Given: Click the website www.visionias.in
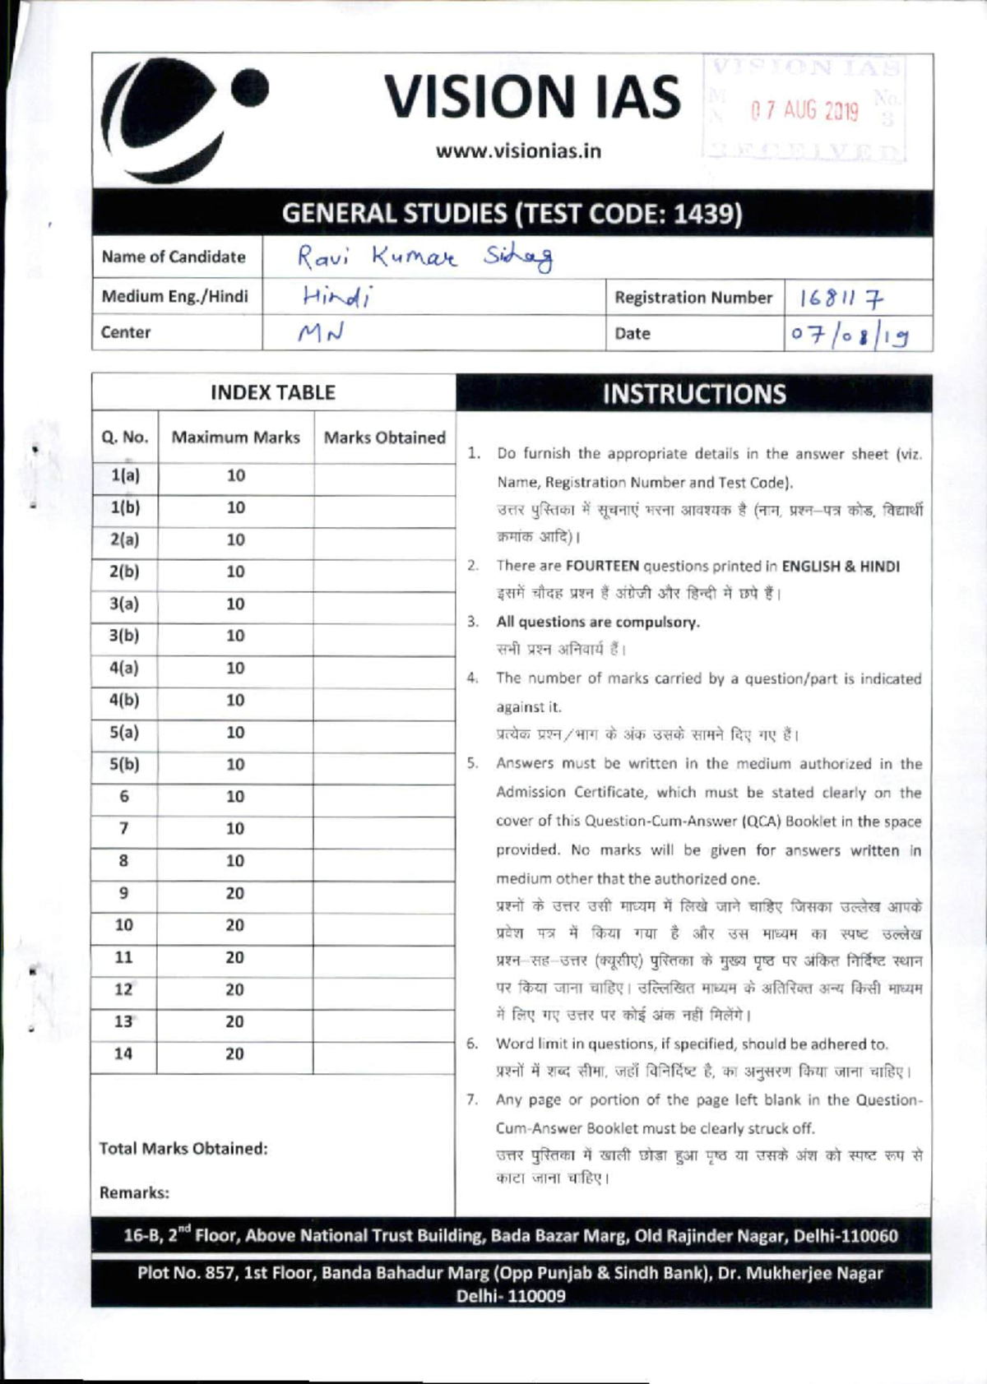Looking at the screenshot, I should tap(518, 151).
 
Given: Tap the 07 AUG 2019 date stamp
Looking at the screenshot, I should tap(804, 110).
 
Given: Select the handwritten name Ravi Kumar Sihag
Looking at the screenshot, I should tap(424, 257).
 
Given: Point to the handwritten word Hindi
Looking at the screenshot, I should tap(336, 296).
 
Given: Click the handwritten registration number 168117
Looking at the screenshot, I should tap(841, 298).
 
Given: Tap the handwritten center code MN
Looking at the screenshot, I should tap(320, 333).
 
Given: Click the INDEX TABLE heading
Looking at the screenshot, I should tap(272, 392).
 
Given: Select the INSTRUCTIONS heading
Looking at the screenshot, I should tap(693, 394).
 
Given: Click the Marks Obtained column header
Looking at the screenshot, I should tap(384, 437).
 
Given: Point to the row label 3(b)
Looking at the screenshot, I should tap(124, 636).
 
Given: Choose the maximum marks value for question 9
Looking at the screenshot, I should tap(235, 893).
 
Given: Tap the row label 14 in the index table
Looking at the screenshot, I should tap(123, 1053).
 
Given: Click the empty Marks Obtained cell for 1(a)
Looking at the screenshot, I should tap(384, 476).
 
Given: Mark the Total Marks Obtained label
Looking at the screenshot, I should tap(183, 1148).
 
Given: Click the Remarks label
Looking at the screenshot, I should tap(134, 1192).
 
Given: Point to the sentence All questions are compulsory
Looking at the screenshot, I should tap(598, 622).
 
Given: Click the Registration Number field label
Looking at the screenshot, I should tap(693, 298).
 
